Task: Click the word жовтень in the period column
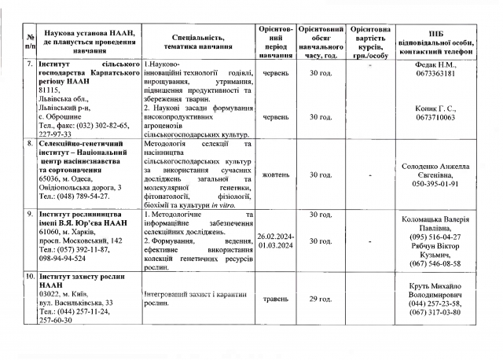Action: point(274,174)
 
